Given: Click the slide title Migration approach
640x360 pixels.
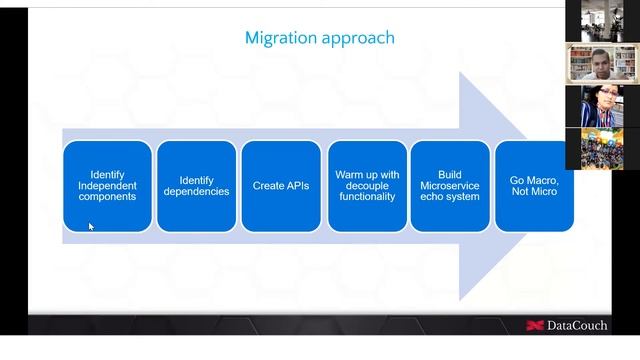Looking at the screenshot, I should [x=319, y=38].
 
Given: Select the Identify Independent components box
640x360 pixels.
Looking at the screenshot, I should [x=107, y=186].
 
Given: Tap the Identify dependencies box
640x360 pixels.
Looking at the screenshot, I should [x=196, y=186].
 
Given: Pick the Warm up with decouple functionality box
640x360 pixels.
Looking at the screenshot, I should [x=367, y=186].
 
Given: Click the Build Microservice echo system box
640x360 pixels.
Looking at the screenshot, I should [x=450, y=186].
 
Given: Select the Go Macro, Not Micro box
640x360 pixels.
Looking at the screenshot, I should [x=534, y=186].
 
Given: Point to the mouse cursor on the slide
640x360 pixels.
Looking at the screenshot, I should [x=90, y=227].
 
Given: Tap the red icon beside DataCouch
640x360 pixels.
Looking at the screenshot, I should [x=534, y=325].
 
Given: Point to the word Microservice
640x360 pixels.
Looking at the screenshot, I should [x=450, y=186].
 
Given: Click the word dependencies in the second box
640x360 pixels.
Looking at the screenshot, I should [x=196, y=192].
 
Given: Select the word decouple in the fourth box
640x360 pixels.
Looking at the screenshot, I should [x=367, y=186].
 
